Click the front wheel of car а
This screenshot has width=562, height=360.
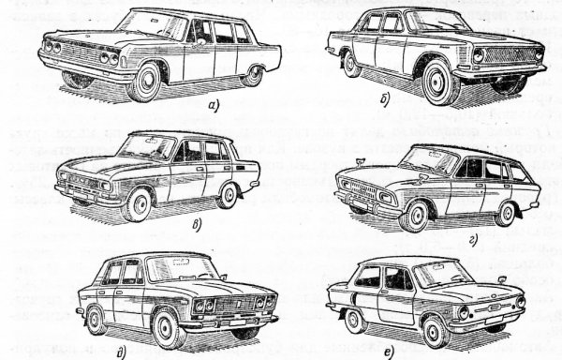click(144, 83)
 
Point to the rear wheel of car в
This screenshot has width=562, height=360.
click(228, 194)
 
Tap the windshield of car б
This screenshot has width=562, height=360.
click(439, 22)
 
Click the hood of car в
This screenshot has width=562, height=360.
click(103, 164)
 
